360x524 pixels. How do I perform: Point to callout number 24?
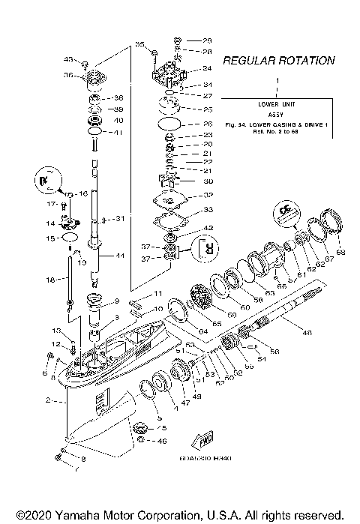click(x=207, y=69)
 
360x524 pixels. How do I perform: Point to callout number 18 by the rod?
click(x=51, y=279)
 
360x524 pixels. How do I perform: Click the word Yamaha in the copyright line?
click(x=81, y=516)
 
